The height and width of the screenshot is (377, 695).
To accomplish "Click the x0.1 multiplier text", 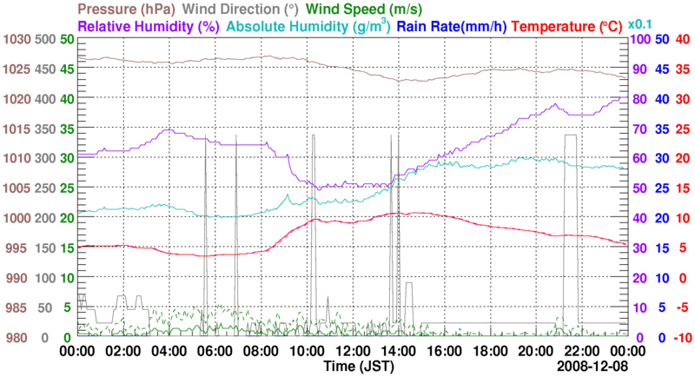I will (x=641, y=23).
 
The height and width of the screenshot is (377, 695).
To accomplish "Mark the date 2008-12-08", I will (x=592, y=367).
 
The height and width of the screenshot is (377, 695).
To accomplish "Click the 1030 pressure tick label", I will (x=17, y=40).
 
